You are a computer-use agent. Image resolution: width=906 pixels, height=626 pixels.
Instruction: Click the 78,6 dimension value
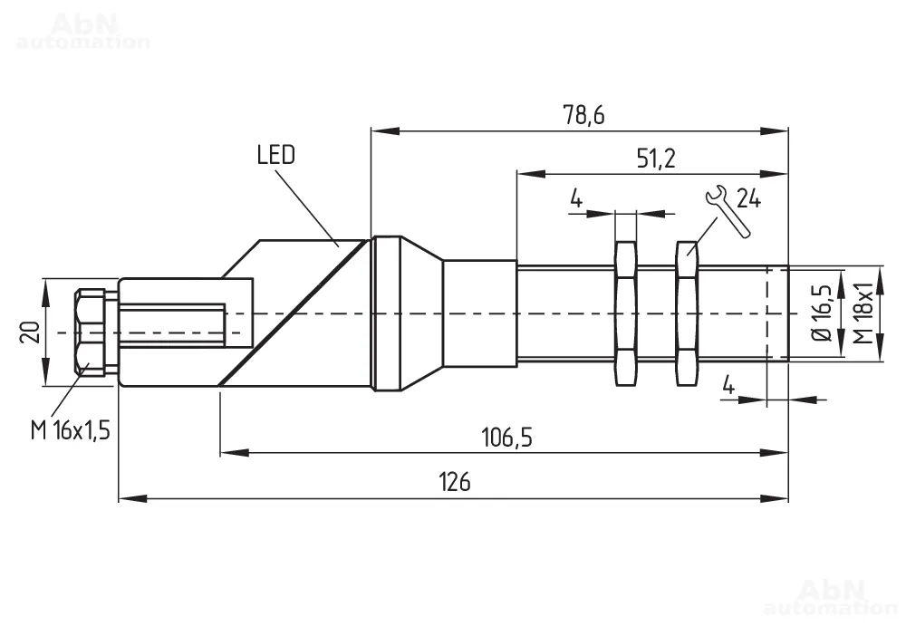(x=583, y=116)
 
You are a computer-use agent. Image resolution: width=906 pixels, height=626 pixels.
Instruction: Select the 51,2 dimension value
(x=656, y=158)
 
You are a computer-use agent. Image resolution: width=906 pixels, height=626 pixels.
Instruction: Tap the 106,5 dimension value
(x=506, y=438)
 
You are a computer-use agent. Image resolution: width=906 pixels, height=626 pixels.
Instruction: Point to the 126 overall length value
(x=455, y=481)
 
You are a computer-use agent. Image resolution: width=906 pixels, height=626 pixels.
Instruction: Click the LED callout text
(x=276, y=155)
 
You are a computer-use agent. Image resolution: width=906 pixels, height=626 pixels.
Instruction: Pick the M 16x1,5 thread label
(x=71, y=430)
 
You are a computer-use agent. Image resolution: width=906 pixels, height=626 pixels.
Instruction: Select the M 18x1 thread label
(x=863, y=313)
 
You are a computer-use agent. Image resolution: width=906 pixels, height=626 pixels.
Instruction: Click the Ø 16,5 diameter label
(x=823, y=313)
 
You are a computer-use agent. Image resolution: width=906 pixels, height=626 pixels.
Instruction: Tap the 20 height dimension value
(x=31, y=332)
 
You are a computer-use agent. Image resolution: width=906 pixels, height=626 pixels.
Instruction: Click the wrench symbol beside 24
(x=728, y=210)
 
